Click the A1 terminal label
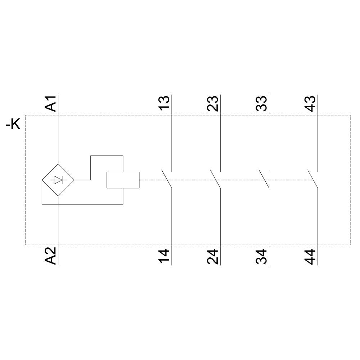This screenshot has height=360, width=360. point(50,104)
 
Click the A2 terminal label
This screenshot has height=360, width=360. point(50,256)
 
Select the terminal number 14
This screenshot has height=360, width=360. point(164,256)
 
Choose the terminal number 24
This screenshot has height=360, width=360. point(213,256)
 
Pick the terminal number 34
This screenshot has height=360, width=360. point(261,256)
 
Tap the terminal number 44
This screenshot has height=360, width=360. point(310,256)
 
